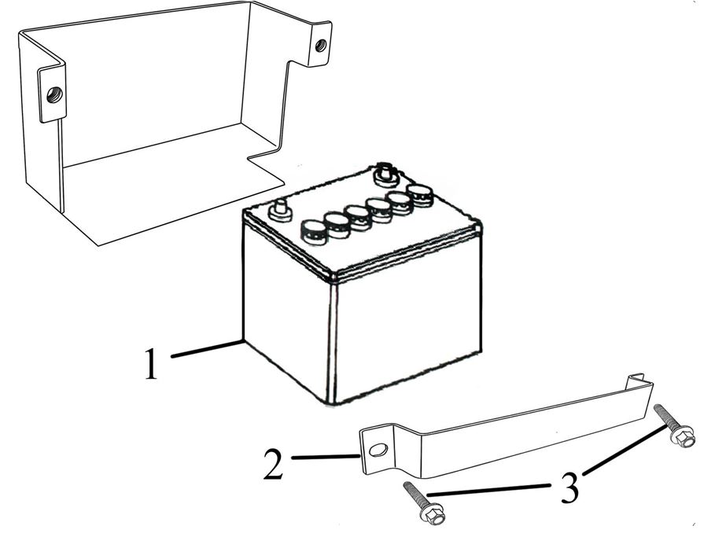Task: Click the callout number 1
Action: pos(151,364)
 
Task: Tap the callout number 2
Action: pos(274,464)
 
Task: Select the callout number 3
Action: pos(569,488)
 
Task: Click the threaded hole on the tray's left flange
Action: pos(54,94)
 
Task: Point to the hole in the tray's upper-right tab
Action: pos(321,46)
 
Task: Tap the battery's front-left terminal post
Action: pos(278,211)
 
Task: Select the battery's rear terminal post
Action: pos(385,174)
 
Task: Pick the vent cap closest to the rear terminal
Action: pos(420,195)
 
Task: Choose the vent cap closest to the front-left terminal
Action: pos(313,232)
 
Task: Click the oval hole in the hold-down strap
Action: pos(378,450)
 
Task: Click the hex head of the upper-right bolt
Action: pos(682,437)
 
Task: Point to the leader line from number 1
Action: pos(208,349)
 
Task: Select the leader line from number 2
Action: pos(326,457)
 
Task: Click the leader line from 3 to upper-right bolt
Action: pos(624,451)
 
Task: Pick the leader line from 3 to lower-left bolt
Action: pos(488,490)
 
